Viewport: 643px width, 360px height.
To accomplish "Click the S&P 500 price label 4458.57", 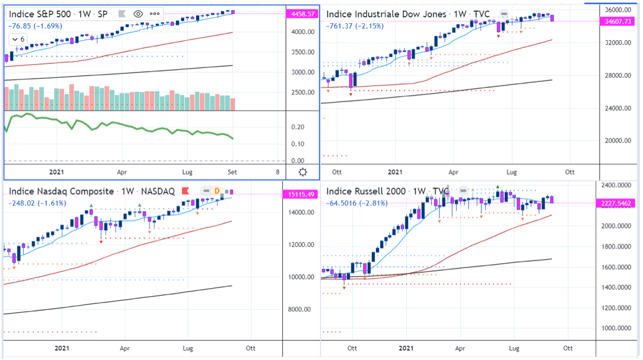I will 301,14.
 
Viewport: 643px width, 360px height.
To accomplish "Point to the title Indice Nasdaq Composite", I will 61,192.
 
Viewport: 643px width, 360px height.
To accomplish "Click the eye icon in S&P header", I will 138,14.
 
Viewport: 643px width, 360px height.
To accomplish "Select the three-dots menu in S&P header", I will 155,14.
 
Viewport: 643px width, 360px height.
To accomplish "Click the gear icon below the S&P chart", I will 302,172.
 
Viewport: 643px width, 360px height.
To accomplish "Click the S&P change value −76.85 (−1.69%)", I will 35,25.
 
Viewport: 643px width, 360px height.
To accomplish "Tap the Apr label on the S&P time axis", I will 122,172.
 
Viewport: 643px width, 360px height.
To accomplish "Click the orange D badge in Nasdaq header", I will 216,191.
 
